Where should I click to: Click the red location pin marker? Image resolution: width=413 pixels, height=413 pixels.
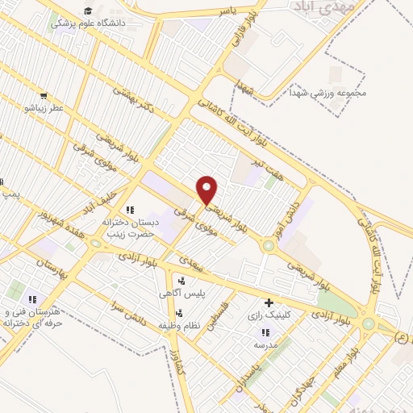click(x=207, y=190)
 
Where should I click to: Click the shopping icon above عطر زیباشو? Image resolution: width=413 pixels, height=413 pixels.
click(x=44, y=95)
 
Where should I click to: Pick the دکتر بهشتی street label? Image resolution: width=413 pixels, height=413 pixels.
click(x=133, y=101)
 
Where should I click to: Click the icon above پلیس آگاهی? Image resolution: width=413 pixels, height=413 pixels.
click(x=181, y=281)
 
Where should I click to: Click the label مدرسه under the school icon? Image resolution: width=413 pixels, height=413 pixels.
click(x=265, y=344)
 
